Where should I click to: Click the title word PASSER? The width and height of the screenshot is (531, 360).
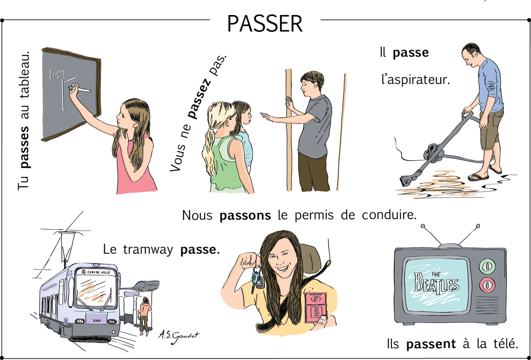pyautogui.click(x=265, y=24)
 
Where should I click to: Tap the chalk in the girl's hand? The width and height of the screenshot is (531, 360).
pyautogui.click(x=83, y=90)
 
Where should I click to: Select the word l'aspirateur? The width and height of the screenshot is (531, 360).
pyautogui.click(x=415, y=80)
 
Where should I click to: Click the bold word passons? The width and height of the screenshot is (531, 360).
pyautogui.click(x=245, y=216)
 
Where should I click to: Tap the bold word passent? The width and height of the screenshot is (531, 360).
pyautogui.click(x=431, y=345)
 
